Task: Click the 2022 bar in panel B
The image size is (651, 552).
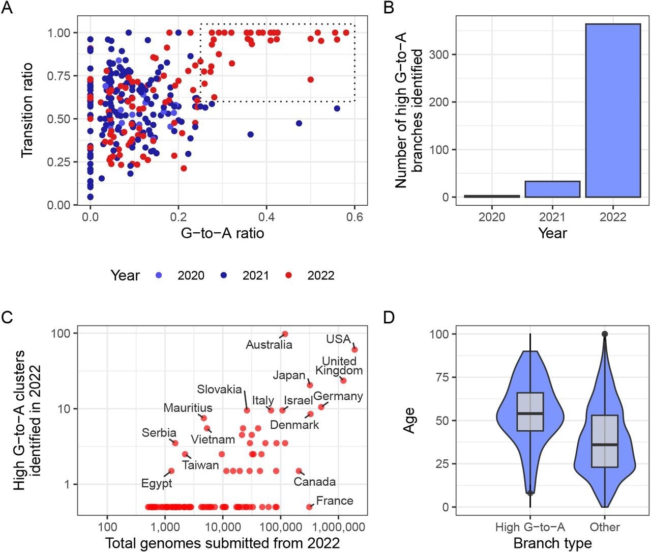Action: coord(612,110)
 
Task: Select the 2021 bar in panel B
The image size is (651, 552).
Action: coord(552,189)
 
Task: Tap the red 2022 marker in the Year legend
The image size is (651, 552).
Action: coord(289,275)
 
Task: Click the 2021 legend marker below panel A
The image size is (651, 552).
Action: coord(224,275)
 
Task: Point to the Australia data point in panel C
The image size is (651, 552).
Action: coord(285,334)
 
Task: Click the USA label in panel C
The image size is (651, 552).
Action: coord(338,339)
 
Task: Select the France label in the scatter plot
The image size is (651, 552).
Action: coord(334,501)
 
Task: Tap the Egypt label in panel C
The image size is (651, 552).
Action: coord(157,483)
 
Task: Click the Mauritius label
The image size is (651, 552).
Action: coord(188,408)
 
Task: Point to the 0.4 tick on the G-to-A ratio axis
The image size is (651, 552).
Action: coord(267,216)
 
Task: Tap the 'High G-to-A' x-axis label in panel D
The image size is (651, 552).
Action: coord(530,527)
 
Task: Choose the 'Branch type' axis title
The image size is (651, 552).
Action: coord(552,543)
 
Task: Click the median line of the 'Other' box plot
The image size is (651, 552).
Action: coord(605,445)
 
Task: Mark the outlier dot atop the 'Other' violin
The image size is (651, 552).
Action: coord(605,334)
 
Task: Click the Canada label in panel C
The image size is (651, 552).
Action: coord(315,482)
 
